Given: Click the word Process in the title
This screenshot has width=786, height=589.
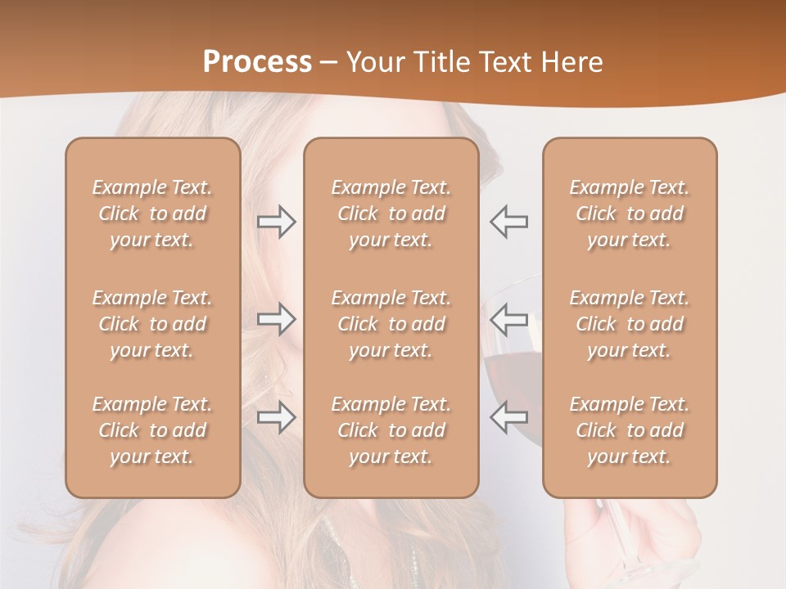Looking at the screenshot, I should [257, 62].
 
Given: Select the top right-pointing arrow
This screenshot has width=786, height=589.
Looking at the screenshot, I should [276, 221].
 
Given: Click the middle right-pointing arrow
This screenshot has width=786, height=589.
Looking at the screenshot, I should [276, 318].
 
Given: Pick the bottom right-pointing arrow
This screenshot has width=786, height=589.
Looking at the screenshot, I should [276, 417].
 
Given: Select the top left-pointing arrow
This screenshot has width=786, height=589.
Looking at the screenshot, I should [508, 221].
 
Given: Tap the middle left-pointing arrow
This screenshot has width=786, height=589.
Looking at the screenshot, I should [508, 318].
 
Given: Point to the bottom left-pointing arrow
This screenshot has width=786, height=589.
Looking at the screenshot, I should [508, 417].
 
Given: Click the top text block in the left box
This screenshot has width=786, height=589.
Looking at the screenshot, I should [152, 214].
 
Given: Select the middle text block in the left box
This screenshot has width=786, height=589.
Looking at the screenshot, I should [152, 324].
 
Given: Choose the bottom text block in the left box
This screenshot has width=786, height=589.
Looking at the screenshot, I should [152, 430].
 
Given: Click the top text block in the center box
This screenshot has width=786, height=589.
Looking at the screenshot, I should [391, 214].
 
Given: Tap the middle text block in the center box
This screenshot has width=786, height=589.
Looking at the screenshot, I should [391, 324].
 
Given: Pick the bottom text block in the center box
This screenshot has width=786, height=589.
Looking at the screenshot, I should [391, 430].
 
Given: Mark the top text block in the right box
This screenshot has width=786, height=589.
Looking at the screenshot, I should [629, 214].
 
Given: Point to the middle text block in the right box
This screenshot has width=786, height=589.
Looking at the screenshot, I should [629, 324].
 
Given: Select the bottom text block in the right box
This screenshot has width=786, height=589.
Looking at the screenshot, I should [629, 430].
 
